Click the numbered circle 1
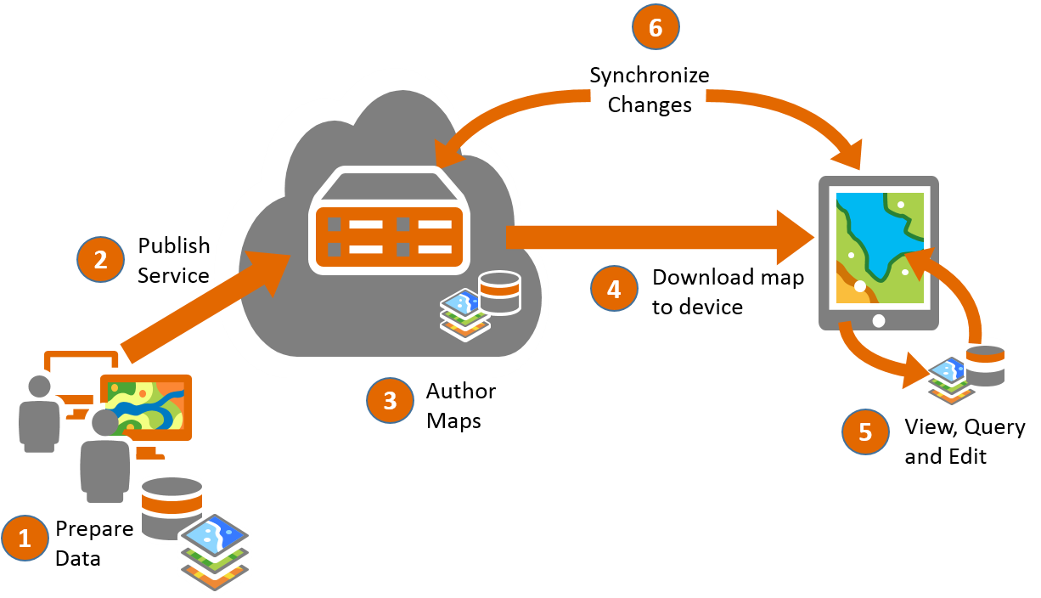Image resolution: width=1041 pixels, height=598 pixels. (x=25, y=538)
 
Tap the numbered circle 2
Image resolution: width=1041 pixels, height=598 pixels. (x=100, y=259)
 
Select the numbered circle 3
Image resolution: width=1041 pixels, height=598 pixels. (x=390, y=400)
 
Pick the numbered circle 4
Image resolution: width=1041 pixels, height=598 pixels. (x=614, y=289)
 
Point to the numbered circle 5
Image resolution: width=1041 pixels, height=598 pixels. (x=865, y=432)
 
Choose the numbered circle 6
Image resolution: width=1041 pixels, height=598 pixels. (x=656, y=27)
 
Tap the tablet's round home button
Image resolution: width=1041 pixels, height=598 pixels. (x=879, y=320)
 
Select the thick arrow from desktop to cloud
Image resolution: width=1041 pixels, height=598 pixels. (x=204, y=304)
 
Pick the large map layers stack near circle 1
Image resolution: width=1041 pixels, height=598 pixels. (x=215, y=552)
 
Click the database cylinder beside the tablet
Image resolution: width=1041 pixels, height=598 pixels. (x=985, y=360)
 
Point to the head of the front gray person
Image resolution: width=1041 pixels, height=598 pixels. (x=104, y=422)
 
